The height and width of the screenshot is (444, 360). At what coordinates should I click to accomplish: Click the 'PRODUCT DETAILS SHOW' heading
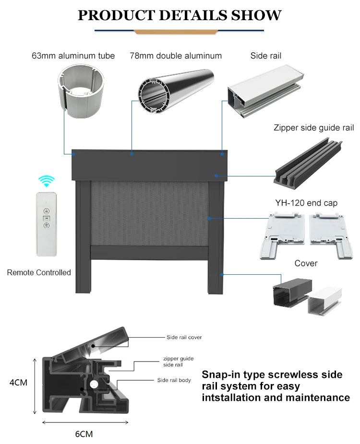click(180, 15)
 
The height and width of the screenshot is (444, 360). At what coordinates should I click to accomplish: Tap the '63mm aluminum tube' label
click(73, 56)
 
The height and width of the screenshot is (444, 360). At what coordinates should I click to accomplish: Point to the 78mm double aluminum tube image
click(175, 91)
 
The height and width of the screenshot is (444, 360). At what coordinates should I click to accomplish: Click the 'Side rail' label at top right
click(265, 56)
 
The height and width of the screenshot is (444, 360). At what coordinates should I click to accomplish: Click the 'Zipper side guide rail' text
click(313, 128)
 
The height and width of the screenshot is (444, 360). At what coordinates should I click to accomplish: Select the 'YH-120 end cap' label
click(306, 203)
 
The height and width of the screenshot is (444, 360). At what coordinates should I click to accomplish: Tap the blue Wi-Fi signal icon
click(47, 181)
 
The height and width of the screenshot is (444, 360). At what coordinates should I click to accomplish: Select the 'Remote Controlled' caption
click(39, 272)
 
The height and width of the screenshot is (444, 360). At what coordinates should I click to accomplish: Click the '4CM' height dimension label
click(18, 383)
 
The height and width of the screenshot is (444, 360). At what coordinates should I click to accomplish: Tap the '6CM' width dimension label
click(84, 434)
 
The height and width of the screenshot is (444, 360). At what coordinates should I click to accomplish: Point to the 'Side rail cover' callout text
click(184, 337)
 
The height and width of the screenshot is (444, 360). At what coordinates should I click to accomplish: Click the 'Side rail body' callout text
click(174, 380)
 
